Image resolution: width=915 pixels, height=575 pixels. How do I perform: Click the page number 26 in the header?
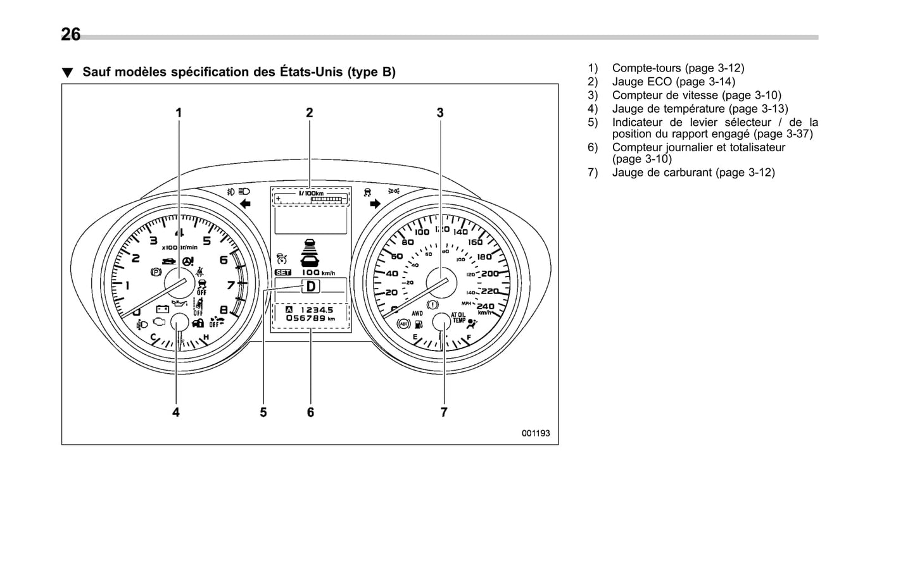pos(71,34)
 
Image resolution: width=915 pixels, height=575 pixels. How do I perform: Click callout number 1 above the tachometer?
pos(179,113)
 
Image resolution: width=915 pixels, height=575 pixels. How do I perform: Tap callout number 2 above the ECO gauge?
pos(310,113)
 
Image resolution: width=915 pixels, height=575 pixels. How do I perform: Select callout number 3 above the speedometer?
pos(440,113)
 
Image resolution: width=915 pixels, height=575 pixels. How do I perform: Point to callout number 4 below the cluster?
pos(176,412)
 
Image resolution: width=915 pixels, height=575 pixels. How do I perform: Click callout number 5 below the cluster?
pos(263,412)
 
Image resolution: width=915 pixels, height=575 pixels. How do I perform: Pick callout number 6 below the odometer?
pos(310,412)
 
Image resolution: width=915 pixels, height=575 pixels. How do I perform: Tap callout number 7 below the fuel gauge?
pos(444,412)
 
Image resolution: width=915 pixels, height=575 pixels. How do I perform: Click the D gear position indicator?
pos(311,287)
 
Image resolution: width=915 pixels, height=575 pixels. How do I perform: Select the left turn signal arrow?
pos(246,204)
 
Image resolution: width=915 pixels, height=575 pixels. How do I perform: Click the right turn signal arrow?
pos(375,204)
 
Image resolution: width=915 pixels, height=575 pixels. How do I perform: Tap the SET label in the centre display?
pos(282,273)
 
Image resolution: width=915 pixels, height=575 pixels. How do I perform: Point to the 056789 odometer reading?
pos(306,318)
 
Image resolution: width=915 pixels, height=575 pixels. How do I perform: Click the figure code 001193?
pos(536,433)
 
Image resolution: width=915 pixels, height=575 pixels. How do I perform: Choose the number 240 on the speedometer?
pos(485,306)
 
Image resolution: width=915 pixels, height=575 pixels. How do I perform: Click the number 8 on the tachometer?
pos(224,310)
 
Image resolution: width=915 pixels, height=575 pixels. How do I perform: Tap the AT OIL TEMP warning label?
pos(458,318)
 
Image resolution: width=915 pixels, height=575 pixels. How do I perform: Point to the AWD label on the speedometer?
pos(417,313)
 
